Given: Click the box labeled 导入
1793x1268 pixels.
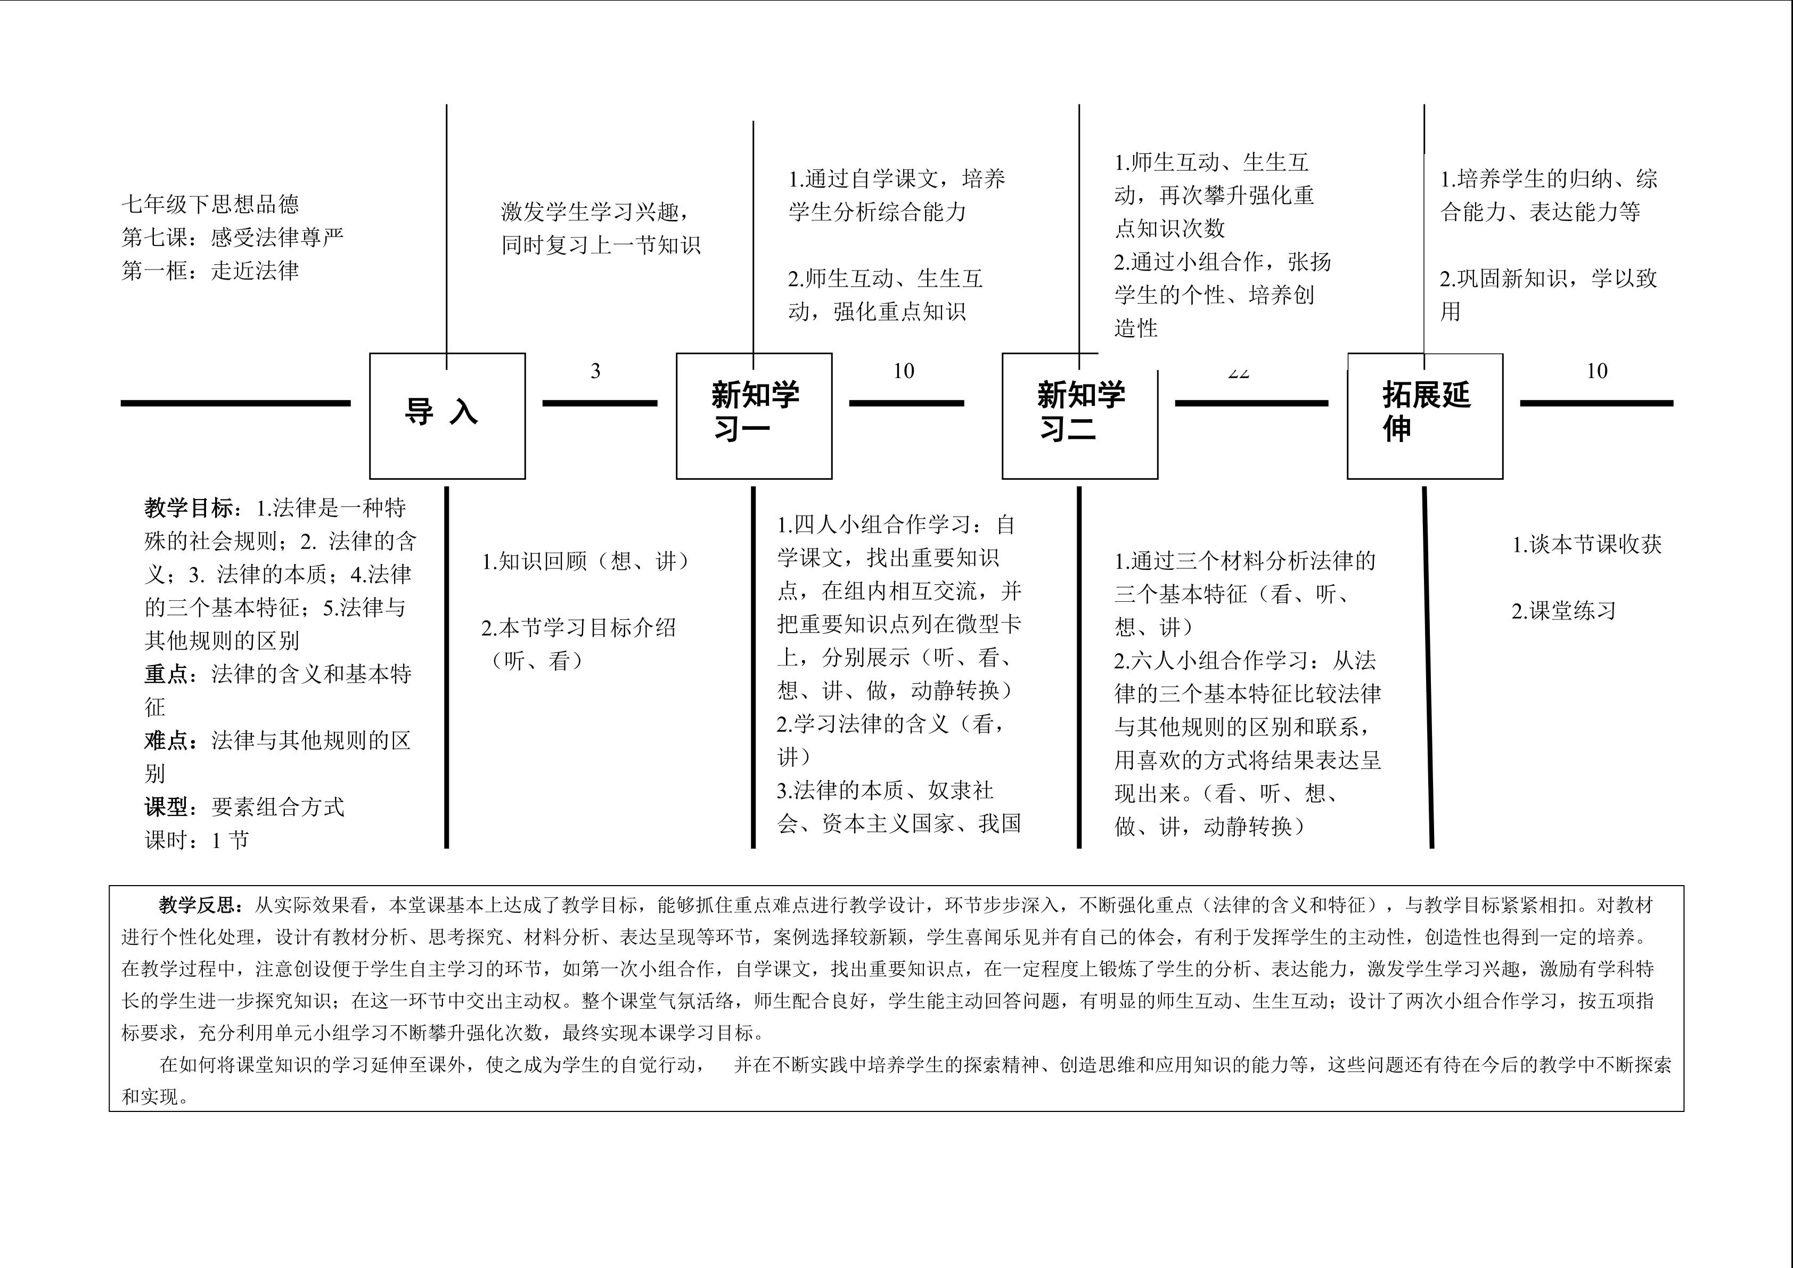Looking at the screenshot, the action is pos(447,415).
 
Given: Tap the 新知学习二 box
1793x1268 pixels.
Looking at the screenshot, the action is pos(1080,415).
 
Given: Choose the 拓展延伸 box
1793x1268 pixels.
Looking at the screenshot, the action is pos(1425,415).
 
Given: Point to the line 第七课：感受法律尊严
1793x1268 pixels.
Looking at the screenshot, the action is pos(233,238).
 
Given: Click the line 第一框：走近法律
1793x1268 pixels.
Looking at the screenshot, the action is pos(210,271).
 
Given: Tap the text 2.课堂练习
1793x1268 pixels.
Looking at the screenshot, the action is pos(1563,611).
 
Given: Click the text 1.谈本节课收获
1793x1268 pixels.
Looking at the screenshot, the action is pos(1587,544).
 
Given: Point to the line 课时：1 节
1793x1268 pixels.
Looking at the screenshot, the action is pos(197,840).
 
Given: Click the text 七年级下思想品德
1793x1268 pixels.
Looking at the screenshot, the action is pos(210,204).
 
